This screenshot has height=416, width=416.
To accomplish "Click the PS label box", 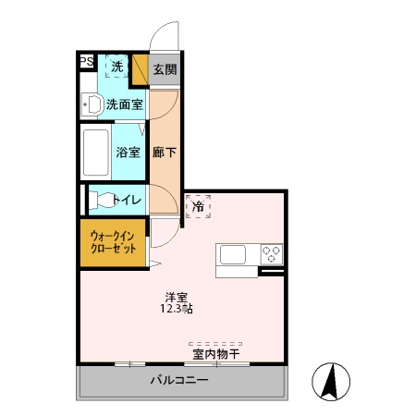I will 86,63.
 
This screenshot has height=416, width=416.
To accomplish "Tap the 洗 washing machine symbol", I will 116,67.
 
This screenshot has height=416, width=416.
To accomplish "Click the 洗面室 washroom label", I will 123,104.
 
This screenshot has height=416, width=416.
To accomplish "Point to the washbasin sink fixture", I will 91,104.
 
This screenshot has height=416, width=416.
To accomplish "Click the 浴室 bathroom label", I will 128,153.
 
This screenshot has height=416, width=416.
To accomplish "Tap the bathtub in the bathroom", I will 97,153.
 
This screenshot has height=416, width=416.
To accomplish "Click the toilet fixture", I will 97,199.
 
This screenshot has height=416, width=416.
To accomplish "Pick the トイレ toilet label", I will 126,199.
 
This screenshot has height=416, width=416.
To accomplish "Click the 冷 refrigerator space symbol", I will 198,206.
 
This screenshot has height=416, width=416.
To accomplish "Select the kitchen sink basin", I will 231,255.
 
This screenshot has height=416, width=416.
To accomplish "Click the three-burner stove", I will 271,253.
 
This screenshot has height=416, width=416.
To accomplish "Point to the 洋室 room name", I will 177,298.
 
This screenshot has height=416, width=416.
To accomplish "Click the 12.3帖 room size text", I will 177,310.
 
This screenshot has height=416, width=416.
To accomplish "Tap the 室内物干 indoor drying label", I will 216,354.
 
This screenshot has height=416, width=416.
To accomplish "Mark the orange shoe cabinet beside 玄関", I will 141,69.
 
